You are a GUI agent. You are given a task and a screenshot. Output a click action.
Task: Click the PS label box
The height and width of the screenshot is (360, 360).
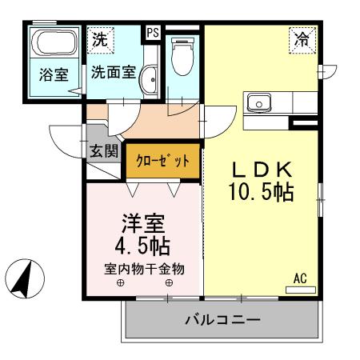tap(151, 33)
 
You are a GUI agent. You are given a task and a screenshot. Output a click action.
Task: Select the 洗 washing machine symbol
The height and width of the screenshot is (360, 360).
tap(101, 38)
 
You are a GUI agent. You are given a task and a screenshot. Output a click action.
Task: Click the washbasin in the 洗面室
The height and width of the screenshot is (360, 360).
tap(149, 81)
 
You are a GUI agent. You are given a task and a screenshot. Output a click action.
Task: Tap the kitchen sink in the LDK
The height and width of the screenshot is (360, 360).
tap(259, 103)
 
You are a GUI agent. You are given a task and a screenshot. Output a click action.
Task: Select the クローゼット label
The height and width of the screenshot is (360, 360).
tap(163, 160)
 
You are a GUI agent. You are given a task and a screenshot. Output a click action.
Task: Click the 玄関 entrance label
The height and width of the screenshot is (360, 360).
tap(104, 150)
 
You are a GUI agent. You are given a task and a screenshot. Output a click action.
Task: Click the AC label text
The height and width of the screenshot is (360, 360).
tap(300, 278)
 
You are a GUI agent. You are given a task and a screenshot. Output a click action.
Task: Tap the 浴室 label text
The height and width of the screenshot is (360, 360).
tap(54, 74)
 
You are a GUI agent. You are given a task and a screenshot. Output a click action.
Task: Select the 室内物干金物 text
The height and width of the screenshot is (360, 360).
tap(144, 269)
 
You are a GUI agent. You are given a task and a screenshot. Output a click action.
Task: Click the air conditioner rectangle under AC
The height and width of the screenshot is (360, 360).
tap(300, 289)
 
